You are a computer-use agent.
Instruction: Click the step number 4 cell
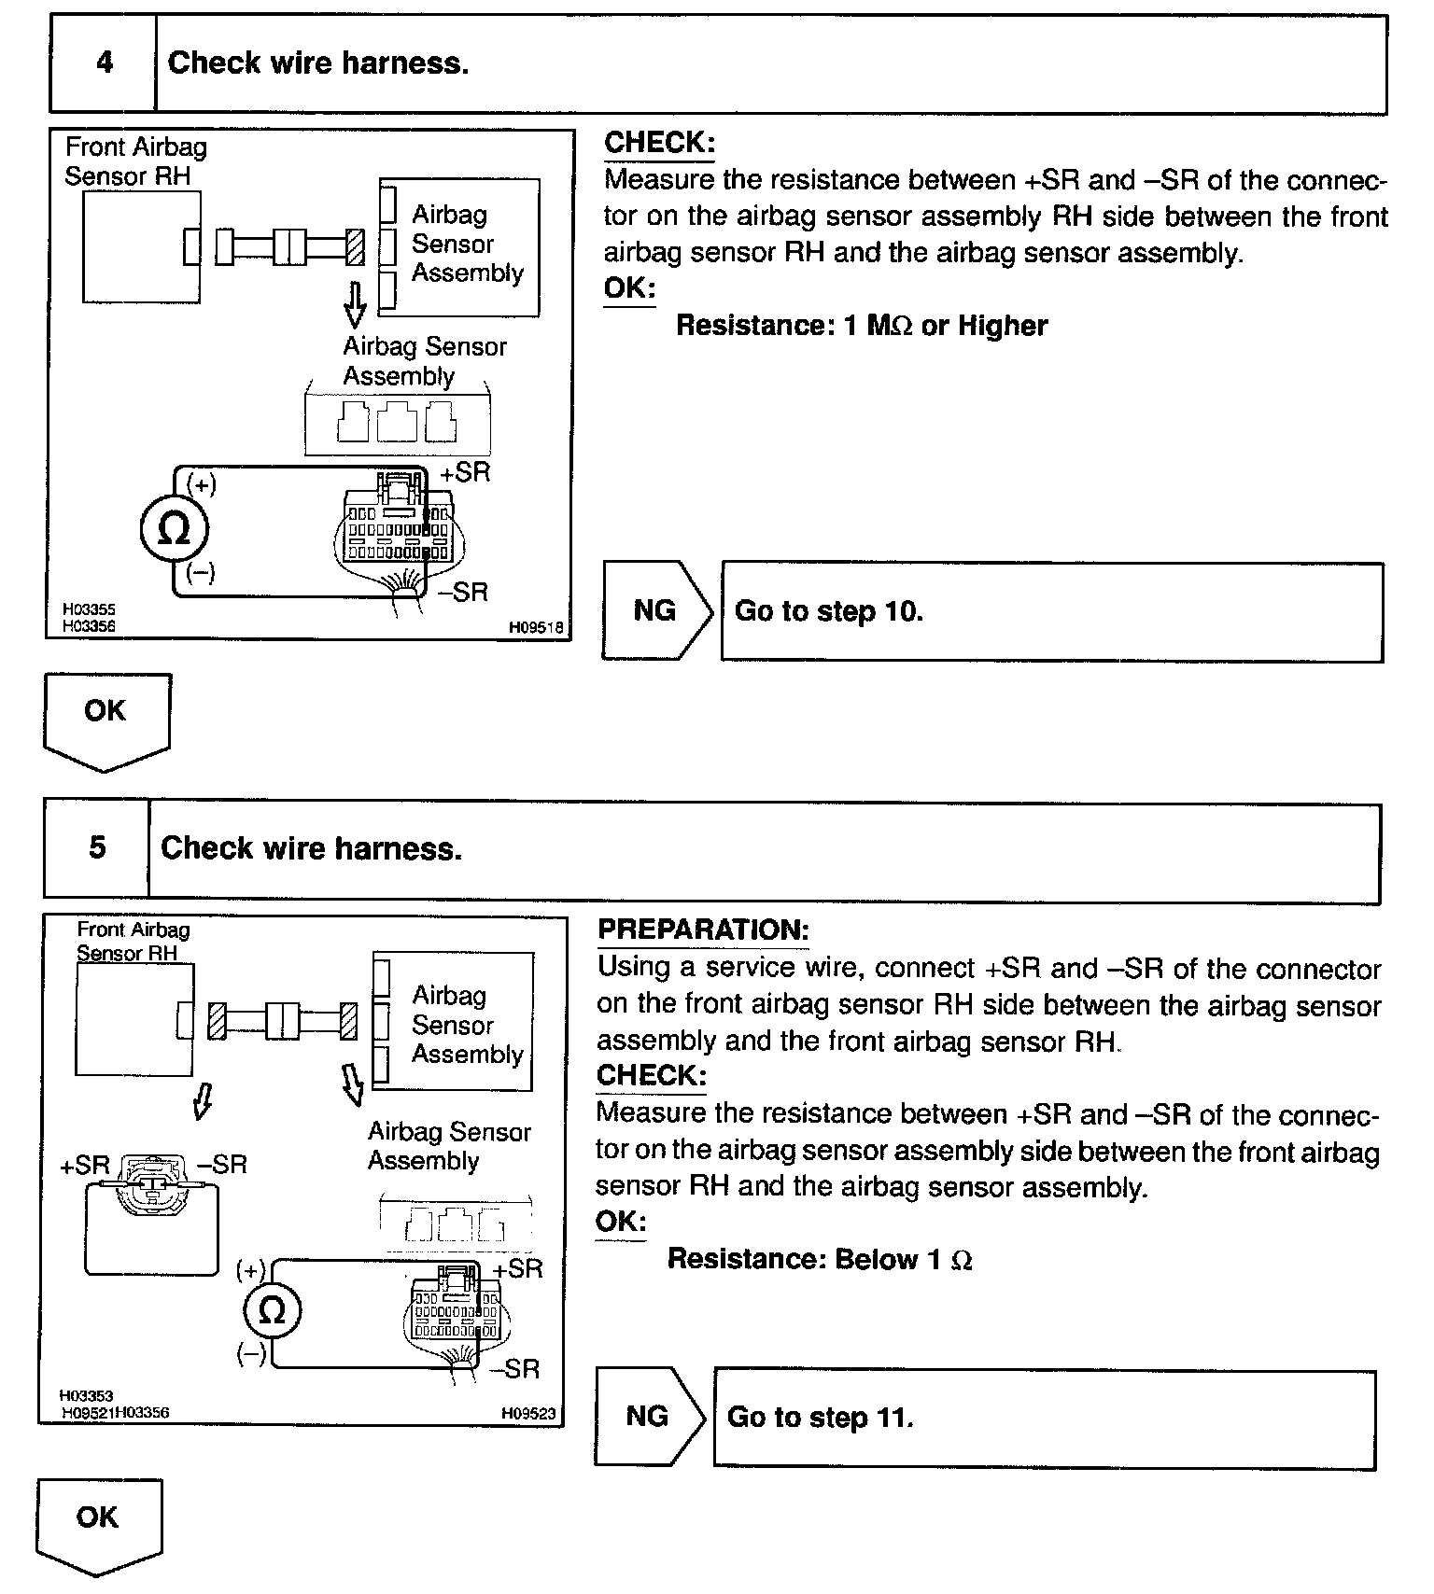pyautogui.click(x=104, y=63)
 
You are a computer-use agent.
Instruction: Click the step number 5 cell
pyautogui.click(x=97, y=848)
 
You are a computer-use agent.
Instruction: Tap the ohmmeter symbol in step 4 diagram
pyautogui.click(x=174, y=530)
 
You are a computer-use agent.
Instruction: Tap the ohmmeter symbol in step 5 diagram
pyautogui.click(x=271, y=1311)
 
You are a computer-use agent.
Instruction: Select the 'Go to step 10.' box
pyautogui.click(x=1051, y=611)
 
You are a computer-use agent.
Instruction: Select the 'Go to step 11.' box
pyautogui.click(x=1044, y=1419)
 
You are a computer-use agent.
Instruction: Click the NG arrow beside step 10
pyautogui.click(x=657, y=610)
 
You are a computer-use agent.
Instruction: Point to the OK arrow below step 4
pyautogui.click(x=106, y=719)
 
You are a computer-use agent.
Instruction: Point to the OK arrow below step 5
pyautogui.click(x=99, y=1524)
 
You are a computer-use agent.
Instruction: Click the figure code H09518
pyautogui.click(x=536, y=628)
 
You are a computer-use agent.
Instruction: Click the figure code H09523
pyautogui.click(x=528, y=1414)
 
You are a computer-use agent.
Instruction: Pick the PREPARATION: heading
pyautogui.click(x=703, y=930)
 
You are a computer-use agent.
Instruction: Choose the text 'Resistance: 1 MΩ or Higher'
pyautogui.click(x=861, y=326)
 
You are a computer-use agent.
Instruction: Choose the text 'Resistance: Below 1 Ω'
pyautogui.click(x=820, y=1260)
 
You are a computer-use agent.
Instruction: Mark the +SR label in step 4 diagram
pyautogui.click(x=465, y=472)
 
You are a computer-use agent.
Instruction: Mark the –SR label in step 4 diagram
pyautogui.click(x=463, y=592)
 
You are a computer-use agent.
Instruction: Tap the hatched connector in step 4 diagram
pyautogui.click(x=355, y=247)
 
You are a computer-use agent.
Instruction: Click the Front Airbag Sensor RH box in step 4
pyautogui.click(x=140, y=246)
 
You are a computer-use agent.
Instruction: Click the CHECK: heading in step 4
pyautogui.click(x=659, y=143)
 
